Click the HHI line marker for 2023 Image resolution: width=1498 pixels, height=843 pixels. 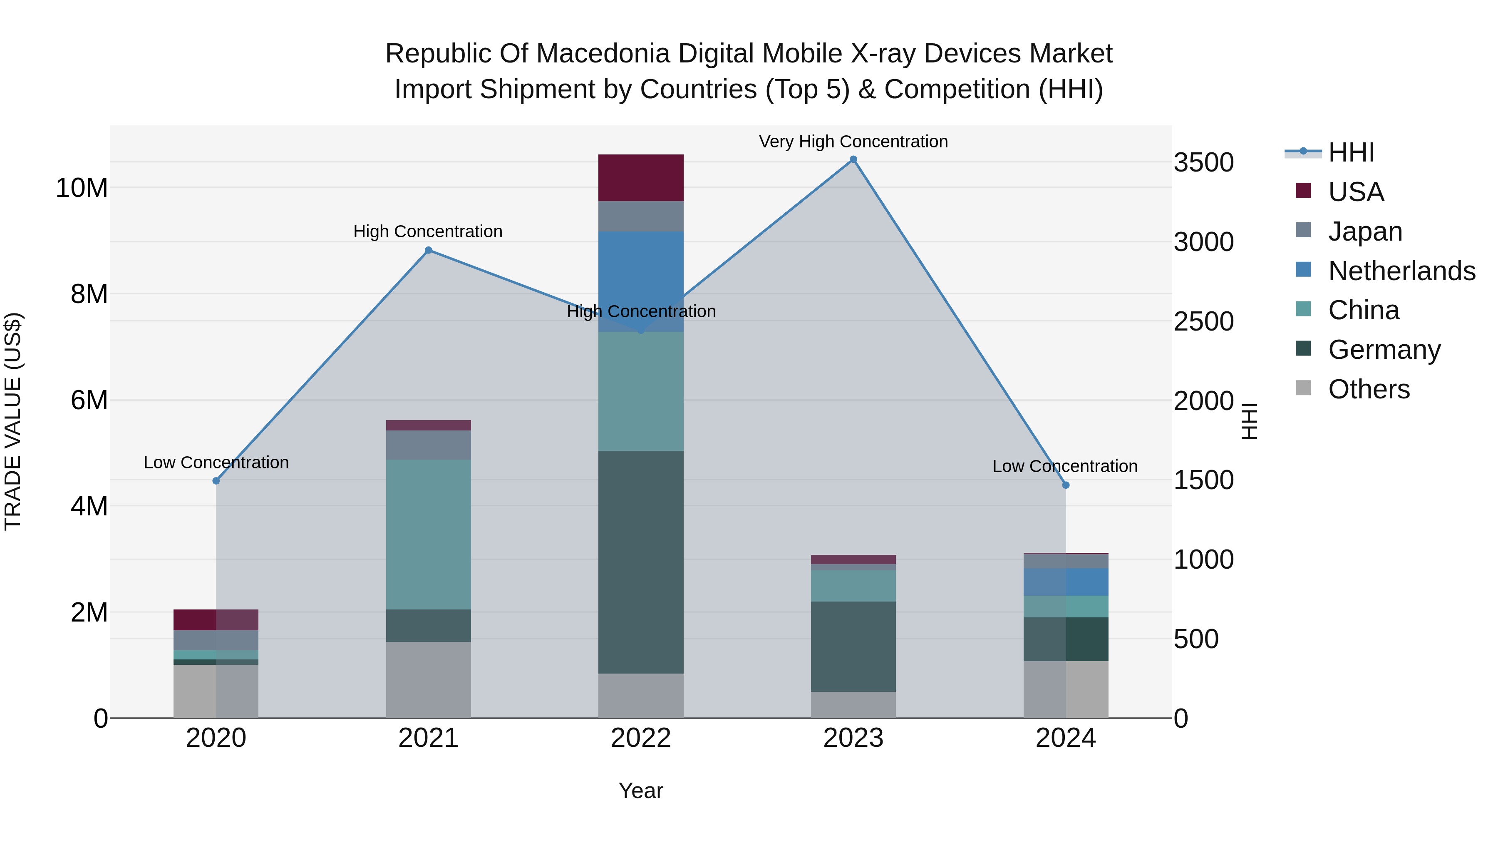[853, 159]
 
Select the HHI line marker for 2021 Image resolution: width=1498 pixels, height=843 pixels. [429, 250]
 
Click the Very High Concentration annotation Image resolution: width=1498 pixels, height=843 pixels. [853, 142]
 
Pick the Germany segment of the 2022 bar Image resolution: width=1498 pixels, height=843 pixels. [641, 562]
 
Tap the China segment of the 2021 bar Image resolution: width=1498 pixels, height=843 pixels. [429, 534]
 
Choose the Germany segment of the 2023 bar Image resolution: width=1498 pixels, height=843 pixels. [853, 646]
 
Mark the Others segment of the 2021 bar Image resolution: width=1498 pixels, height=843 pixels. [429, 679]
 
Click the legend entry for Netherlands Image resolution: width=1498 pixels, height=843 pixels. [1401, 271]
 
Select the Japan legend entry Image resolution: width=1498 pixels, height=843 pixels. [1365, 231]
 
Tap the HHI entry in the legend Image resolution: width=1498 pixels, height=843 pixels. [1351, 152]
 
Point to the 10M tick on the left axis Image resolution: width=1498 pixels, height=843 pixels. [82, 188]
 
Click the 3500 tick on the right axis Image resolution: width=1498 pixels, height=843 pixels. [1203, 162]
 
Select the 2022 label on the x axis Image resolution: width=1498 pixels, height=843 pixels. [641, 738]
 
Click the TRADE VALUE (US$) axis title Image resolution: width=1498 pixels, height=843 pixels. [13, 421]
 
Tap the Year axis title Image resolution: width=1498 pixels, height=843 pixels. [641, 791]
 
